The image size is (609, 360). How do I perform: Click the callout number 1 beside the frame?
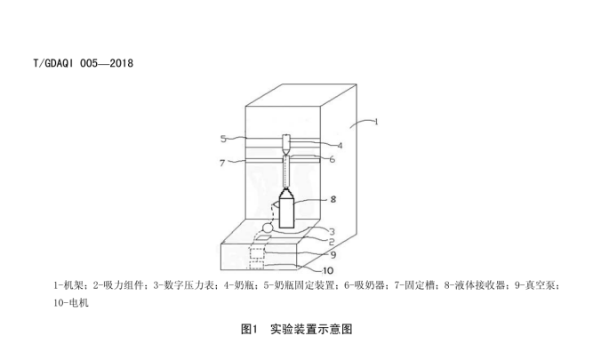pyautogui.click(x=376, y=122)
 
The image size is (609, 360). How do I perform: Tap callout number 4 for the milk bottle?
pyautogui.click(x=340, y=146)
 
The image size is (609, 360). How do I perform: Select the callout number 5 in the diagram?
pyautogui.click(x=223, y=139)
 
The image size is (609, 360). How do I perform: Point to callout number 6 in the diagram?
pyautogui.click(x=333, y=159)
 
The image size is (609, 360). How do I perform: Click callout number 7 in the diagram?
pyautogui.click(x=222, y=163)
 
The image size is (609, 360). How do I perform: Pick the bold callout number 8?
pyautogui.click(x=333, y=199)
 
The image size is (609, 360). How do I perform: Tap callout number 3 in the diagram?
pyautogui.click(x=332, y=232)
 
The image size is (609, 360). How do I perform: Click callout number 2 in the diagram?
pyautogui.click(x=332, y=242)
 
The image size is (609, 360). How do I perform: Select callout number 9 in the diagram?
pyautogui.click(x=333, y=255)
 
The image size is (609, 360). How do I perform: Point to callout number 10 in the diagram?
pyautogui.click(x=328, y=270)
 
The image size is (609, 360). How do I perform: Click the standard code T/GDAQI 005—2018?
pyautogui.click(x=83, y=63)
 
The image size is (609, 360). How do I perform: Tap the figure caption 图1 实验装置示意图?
pyautogui.click(x=297, y=329)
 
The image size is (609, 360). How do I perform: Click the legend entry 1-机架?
pyautogui.click(x=68, y=285)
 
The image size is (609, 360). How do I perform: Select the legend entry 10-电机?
pyautogui.click(x=71, y=302)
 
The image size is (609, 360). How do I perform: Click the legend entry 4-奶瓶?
pyautogui.click(x=238, y=285)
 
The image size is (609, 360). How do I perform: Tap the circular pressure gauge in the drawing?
pyautogui.click(x=268, y=228)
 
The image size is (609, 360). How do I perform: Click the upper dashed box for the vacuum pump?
pyautogui.click(x=257, y=253)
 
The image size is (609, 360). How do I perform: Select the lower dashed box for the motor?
pyautogui.click(x=256, y=265)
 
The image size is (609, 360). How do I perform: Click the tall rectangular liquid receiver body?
pyautogui.click(x=286, y=212)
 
